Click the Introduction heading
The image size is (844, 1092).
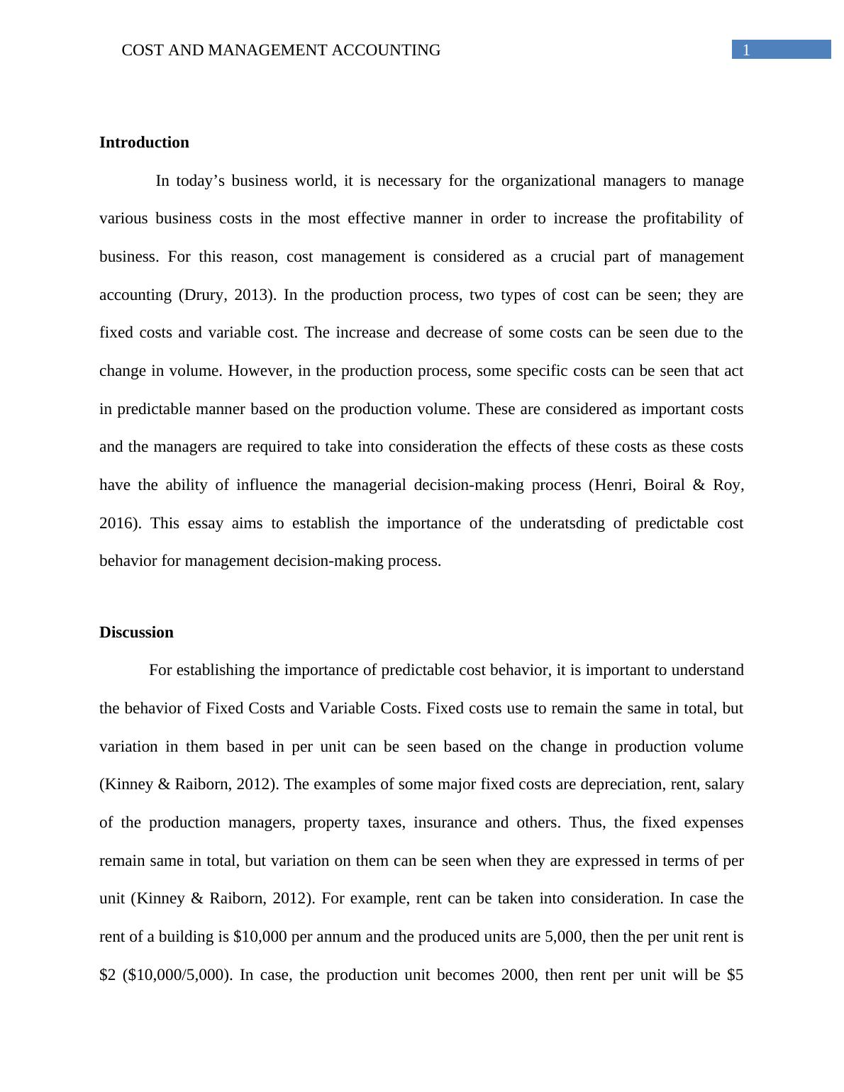[x=144, y=143]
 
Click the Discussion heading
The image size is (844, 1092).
[x=136, y=633]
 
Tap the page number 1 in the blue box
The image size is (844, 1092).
[x=745, y=50]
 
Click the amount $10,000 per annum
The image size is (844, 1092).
[x=260, y=937]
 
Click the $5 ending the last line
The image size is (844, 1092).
[x=735, y=975]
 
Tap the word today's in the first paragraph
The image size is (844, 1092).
[x=200, y=181]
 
